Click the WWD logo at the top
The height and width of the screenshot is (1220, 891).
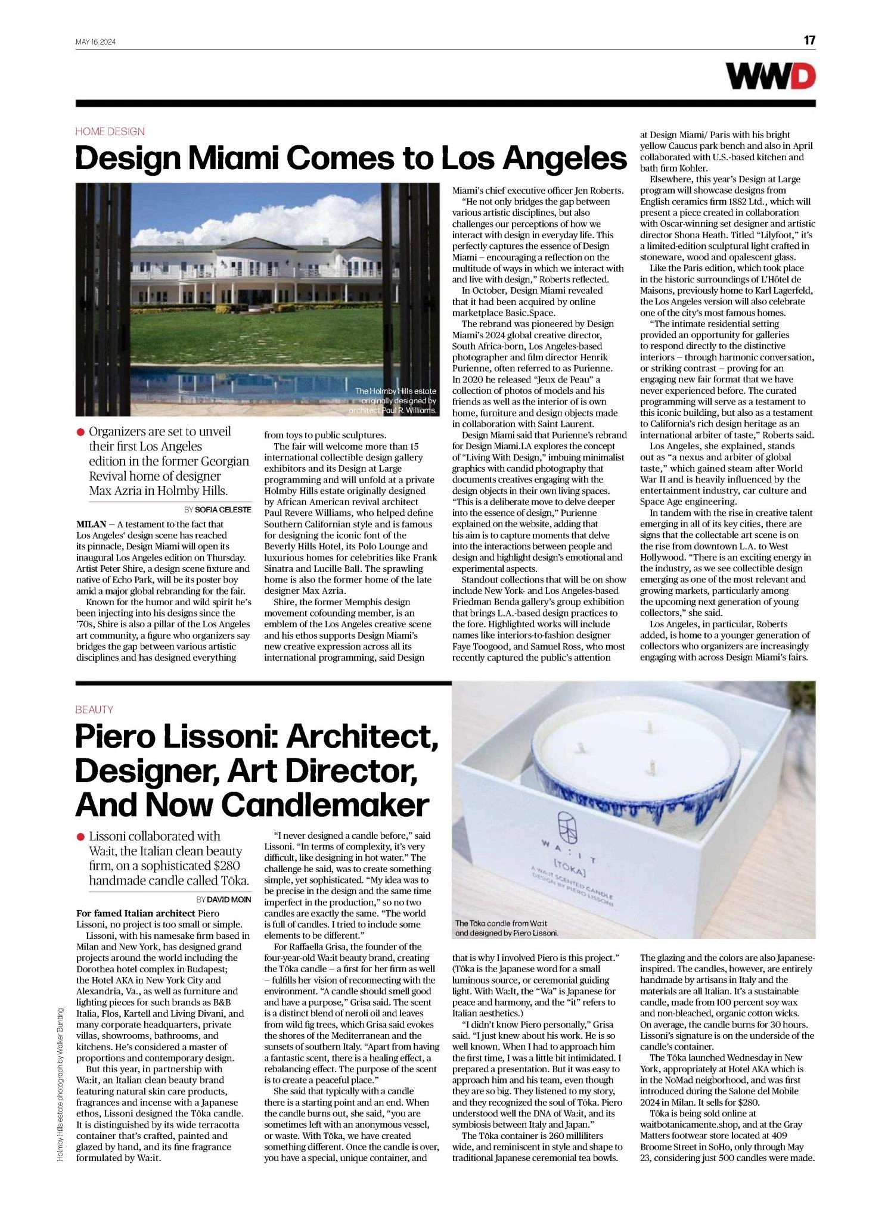pyautogui.click(x=770, y=77)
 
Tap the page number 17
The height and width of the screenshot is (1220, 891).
pyautogui.click(x=809, y=41)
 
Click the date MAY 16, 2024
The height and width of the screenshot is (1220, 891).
pyautogui.click(x=95, y=42)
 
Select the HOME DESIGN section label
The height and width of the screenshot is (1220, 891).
pyautogui.click(x=110, y=132)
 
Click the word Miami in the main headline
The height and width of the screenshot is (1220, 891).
pyautogui.click(x=235, y=158)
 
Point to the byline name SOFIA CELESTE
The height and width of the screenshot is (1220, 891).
pyautogui.click(x=223, y=509)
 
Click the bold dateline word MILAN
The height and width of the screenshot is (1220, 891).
pyautogui.click(x=91, y=524)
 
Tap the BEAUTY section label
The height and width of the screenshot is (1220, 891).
pyautogui.click(x=94, y=709)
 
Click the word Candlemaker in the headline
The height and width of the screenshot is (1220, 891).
pyautogui.click(x=325, y=805)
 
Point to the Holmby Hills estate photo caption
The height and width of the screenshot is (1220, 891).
pyautogui.click(x=396, y=400)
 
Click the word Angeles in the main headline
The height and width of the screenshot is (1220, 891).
pyautogui.click(x=561, y=158)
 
